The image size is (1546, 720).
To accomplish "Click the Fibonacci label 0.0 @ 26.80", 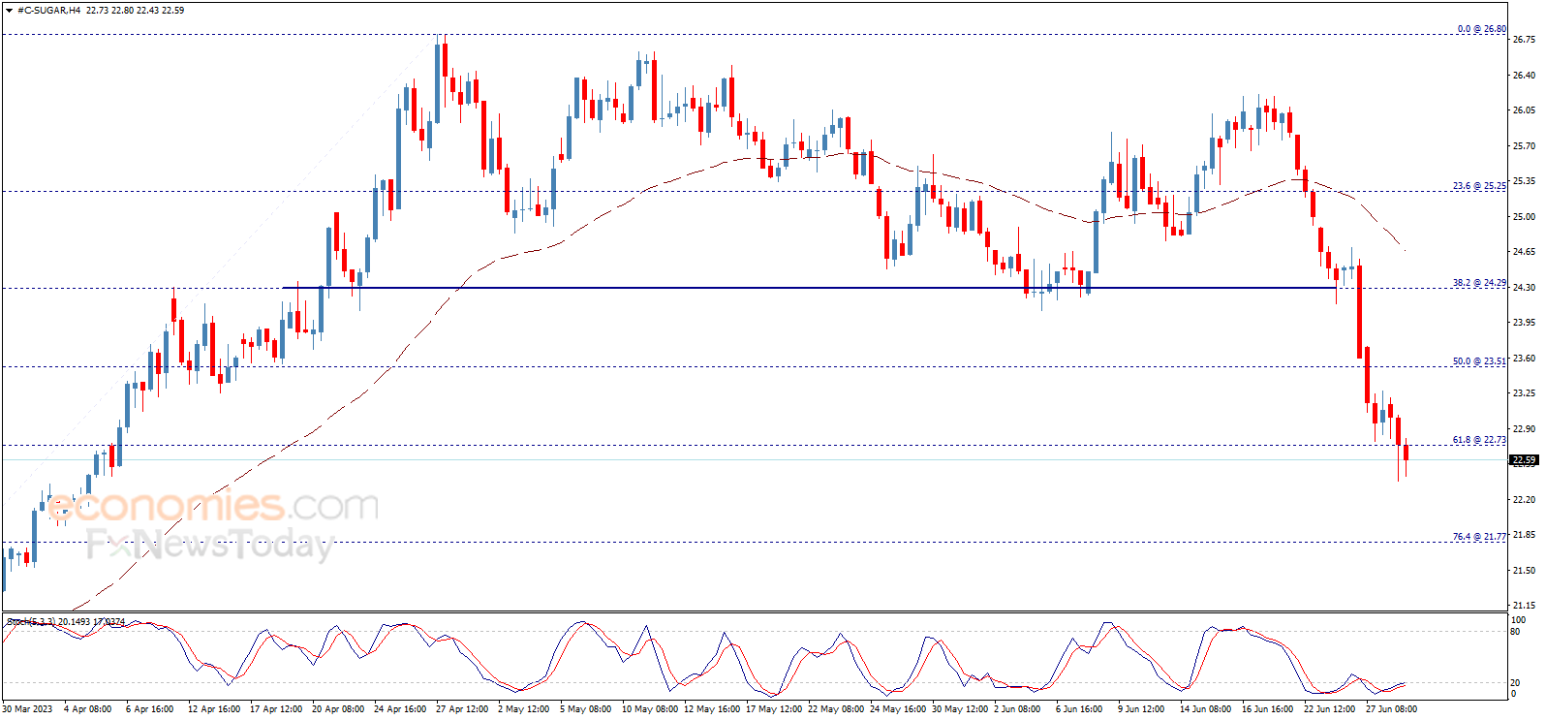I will click(1481, 29).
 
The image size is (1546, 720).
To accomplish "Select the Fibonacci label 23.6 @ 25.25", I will click(1479, 186).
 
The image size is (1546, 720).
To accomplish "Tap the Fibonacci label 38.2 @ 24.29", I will click(1479, 283).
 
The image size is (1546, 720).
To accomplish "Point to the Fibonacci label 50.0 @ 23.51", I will click(1479, 361).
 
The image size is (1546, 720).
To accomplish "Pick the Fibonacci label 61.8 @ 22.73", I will click(1479, 440).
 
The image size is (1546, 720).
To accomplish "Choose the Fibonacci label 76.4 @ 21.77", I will click(1479, 537).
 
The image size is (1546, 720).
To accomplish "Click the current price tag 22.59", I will click(1524, 460).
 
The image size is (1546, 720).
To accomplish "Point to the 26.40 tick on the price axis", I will click(1524, 75).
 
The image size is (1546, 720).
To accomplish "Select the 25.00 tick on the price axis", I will click(1524, 216).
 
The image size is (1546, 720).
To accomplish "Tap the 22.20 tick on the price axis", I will click(1524, 499).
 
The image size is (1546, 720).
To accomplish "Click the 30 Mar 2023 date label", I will click(27, 709).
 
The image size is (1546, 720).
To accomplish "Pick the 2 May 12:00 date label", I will click(523, 709).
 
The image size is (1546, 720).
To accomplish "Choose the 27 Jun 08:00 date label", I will click(1391, 709).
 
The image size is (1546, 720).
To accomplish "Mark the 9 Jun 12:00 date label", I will click(1141, 709).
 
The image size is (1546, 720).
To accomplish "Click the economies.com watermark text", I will click(213, 506).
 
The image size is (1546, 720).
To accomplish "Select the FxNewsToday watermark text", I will click(209, 545).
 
